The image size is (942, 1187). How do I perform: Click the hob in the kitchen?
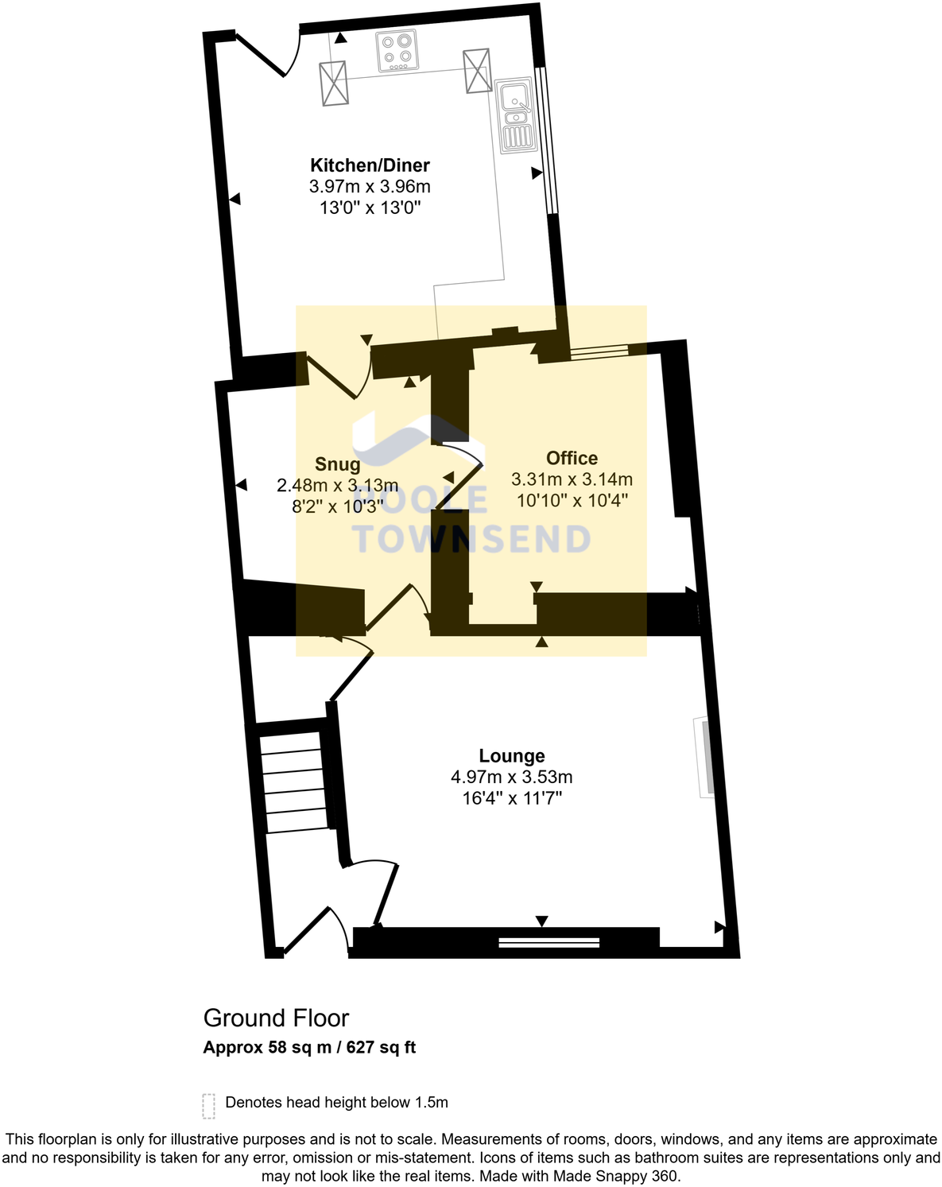point(397,50)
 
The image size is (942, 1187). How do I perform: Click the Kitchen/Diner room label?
point(370,165)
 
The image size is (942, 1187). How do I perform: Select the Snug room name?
point(338,464)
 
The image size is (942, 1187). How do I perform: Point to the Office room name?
point(572,458)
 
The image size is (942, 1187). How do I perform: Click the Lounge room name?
point(512,756)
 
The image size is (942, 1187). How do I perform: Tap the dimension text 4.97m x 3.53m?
point(512,777)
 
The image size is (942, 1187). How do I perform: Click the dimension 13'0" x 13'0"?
point(370,208)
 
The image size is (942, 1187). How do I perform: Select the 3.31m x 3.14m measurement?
point(572,479)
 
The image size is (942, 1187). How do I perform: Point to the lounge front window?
point(549,943)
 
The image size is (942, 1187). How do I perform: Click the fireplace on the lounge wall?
point(704,757)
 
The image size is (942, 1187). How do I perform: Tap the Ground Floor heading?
point(276,1018)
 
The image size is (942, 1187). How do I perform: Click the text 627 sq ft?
point(381,1047)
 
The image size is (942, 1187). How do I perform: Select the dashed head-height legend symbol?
point(209,1105)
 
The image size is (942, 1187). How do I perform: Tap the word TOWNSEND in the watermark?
point(471,540)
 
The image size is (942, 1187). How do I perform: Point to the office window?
point(598,351)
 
